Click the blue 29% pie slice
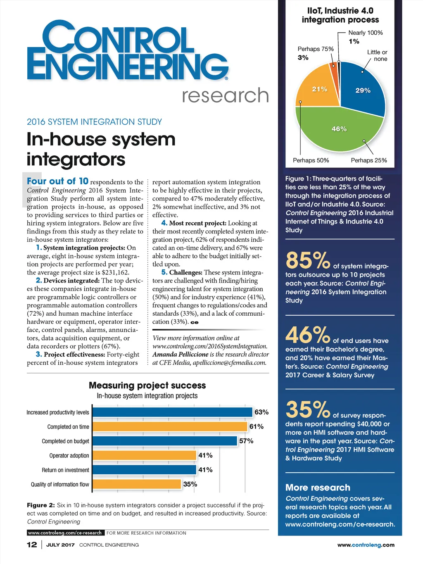click(361, 89)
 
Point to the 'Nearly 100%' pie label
click(366, 33)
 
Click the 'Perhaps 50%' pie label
click(311, 160)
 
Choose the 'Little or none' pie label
click(377, 55)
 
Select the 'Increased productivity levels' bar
click(172, 412)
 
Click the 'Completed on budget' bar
click(165, 441)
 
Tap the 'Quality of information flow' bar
click(137, 484)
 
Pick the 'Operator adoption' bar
click(144, 455)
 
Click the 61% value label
click(257, 426)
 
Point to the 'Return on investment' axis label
click(65, 470)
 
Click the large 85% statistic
click(308, 261)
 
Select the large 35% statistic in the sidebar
click(308, 409)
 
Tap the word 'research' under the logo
click(225, 95)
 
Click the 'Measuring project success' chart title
click(147, 385)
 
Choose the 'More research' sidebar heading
click(318, 488)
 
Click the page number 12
click(32, 545)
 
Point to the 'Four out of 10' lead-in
click(57, 181)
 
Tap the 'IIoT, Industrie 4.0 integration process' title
click(340, 15)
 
